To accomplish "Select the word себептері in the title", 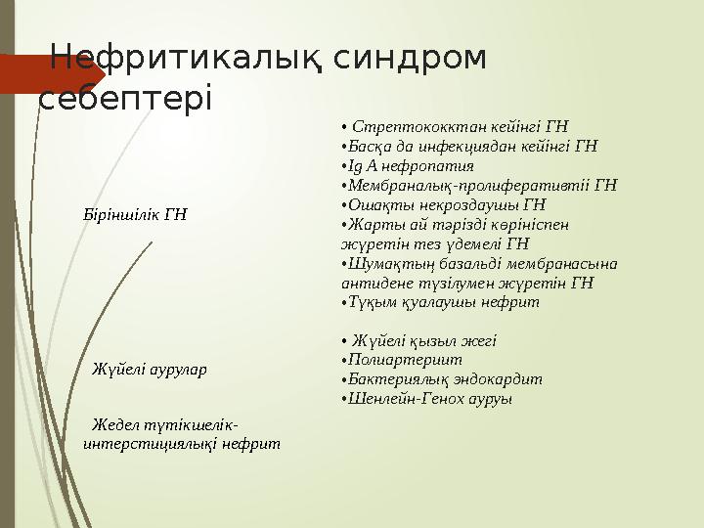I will (x=123, y=99).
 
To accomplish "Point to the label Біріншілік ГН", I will (x=135, y=214).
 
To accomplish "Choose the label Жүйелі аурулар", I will (x=149, y=370).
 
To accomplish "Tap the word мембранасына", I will (x=564, y=263).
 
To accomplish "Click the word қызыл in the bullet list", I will (x=434, y=341).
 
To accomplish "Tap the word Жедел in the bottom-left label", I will (x=114, y=425).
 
